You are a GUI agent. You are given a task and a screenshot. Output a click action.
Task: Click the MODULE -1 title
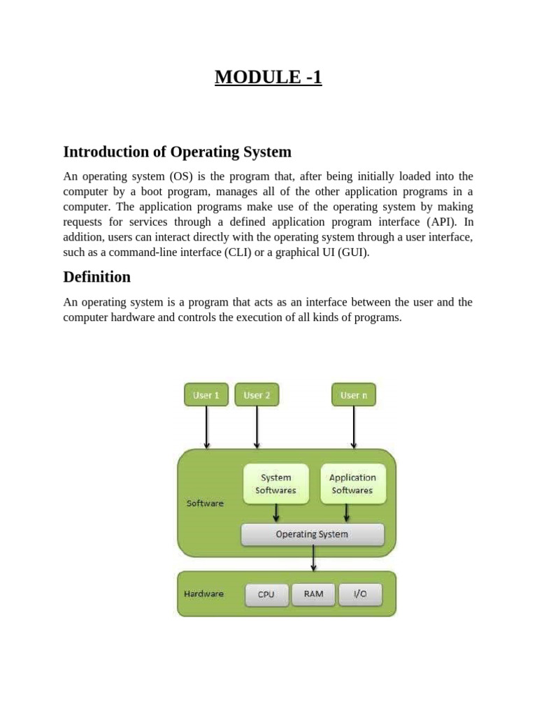point(268,77)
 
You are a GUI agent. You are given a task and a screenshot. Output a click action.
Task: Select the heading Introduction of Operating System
point(177,152)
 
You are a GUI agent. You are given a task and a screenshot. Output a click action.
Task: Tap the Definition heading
point(96,277)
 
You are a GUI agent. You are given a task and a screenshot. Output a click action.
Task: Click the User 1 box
point(206,395)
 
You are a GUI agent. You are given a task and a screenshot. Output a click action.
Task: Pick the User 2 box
point(257,395)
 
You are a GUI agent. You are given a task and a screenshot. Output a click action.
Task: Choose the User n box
point(353,395)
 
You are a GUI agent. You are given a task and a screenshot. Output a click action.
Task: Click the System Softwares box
point(275,484)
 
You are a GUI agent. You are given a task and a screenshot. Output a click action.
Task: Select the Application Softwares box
point(352,484)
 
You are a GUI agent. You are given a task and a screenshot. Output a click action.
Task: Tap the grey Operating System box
point(312,534)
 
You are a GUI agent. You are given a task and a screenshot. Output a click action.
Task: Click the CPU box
point(266,594)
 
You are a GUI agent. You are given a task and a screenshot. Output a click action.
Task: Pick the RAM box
point(313,594)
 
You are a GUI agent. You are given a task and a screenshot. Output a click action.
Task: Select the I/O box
point(360,594)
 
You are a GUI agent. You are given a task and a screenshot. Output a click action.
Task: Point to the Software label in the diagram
point(205,503)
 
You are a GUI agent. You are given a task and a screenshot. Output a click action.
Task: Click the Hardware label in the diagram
point(203,594)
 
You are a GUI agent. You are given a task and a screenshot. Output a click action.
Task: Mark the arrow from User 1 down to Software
point(206,427)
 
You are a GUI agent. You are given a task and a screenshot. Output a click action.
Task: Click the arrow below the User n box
point(354,427)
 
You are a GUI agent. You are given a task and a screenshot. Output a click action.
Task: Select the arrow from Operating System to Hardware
point(313,558)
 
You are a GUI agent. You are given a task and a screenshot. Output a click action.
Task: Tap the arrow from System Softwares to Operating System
point(276,513)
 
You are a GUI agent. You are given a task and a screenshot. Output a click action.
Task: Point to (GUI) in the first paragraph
point(353,252)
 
